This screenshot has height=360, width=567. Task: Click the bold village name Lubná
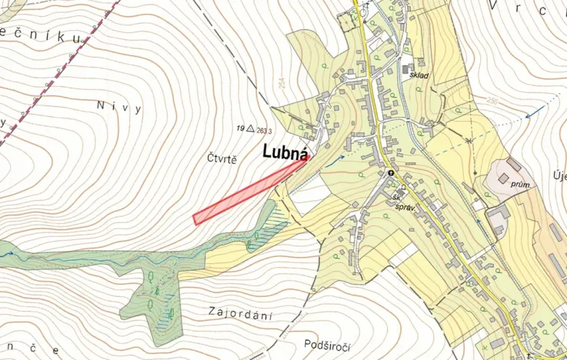[287, 151]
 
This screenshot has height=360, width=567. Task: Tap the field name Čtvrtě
[222, 159]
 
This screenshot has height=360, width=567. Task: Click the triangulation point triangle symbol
[252, 129]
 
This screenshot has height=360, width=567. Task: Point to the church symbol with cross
[391, 173]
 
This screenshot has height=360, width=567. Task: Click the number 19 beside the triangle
[240, 129]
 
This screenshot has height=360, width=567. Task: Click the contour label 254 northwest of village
[282, 82]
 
